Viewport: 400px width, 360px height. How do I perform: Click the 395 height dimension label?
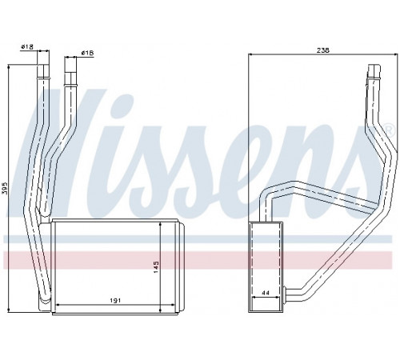pyautogui.click(x=4, y=189)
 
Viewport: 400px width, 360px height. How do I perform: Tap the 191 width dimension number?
pyautogui.click(x=115, y=301)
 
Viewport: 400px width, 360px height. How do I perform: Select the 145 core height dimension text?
pyautogui.click(x=156, y=266)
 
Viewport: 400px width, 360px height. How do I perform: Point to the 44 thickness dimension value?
pyautogui.click(x=266, y=293)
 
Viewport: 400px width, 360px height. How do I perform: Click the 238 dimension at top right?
pyautogui.click(x=323, y=50)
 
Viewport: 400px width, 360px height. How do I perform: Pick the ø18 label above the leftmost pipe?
pyautogui.click(x=26, y=47)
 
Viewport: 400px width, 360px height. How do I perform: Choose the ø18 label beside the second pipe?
pyautogui.click(x=87, y=54)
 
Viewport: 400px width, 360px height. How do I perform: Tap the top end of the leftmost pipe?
pyautogui.click(x=43, y=65)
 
